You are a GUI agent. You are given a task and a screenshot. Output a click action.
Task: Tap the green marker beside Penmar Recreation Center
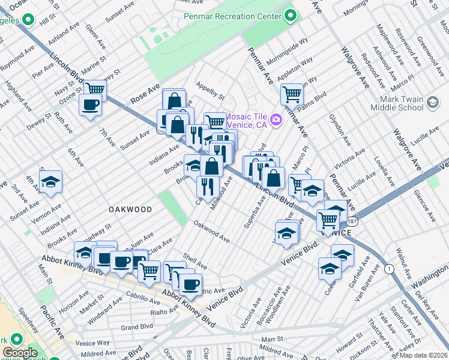click(x=291, y=16)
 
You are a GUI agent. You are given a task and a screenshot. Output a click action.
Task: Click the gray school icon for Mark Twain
click(x=432, y=103)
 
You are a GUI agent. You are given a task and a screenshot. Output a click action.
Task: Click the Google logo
click(x=20, y=353)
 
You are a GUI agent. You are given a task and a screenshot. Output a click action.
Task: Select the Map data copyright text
click(x=424, y=355)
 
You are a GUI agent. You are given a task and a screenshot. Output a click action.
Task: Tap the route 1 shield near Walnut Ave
click(x=390, y=269)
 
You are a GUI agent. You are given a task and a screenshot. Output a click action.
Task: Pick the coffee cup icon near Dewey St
click(x=91, y=105)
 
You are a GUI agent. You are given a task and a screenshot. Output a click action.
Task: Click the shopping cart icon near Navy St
click(x=95, y=89)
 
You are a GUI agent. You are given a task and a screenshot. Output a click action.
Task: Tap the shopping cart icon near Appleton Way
click(x=292, y=93)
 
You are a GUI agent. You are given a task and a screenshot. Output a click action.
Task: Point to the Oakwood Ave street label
click(x=211, y=232)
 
